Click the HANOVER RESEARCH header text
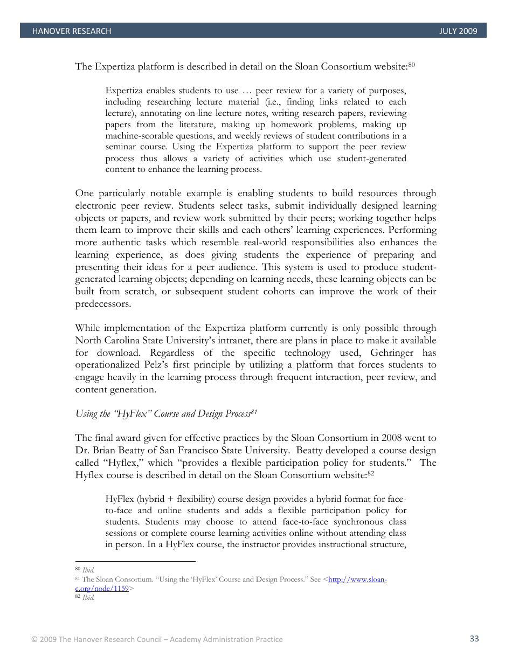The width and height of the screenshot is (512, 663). pos(72,31)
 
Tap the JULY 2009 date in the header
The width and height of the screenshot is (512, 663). pos(458,31)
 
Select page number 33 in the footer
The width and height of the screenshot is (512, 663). pos(474,639)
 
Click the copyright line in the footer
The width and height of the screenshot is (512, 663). pos(157,639)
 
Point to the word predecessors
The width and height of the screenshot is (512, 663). pos(102,304)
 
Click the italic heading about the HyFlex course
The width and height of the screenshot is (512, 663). pos(166,414)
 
